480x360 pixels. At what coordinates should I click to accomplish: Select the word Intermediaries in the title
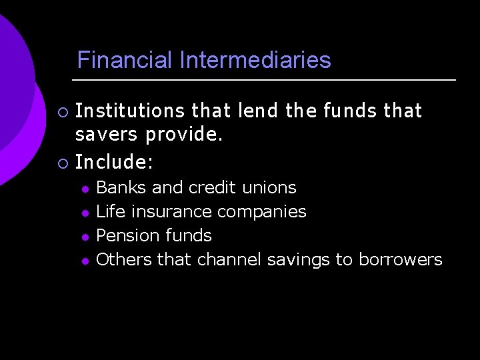255,61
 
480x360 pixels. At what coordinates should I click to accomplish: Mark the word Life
111,212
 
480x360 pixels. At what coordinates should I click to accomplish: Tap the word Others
125,259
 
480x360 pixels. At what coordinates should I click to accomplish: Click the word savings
298,260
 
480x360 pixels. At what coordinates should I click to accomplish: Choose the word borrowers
400,259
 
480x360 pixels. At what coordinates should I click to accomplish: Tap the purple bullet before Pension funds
85,237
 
